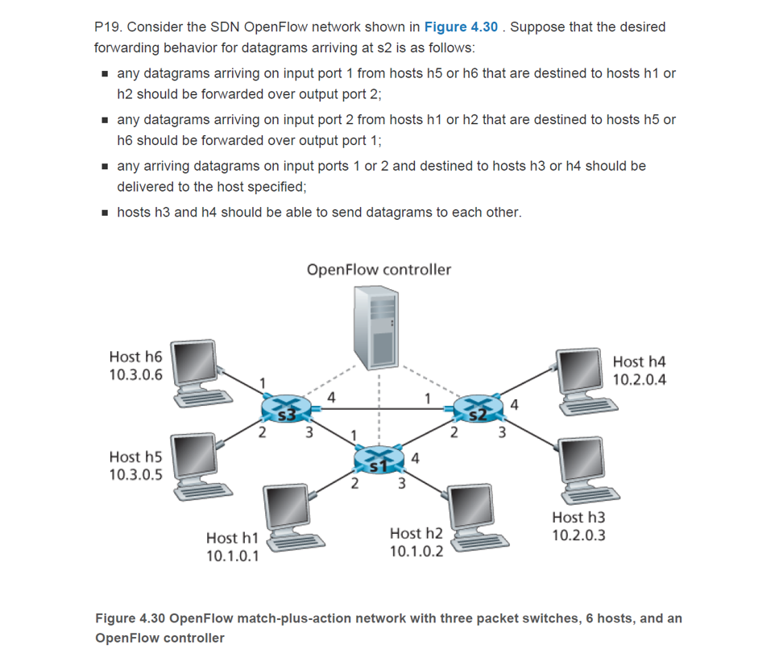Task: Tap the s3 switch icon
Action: click(x=285, y=410)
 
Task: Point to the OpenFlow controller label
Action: click(x=379, y=270)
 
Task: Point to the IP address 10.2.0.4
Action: click(x=640, y=380)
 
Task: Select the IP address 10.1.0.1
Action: click(x=233, y=556)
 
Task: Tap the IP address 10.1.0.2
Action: click(x=416, y=552)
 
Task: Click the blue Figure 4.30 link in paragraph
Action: click(x=461, y=27)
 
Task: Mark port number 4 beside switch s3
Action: click(x=331, y=396)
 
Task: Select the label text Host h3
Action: click(x=578, y=517)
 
